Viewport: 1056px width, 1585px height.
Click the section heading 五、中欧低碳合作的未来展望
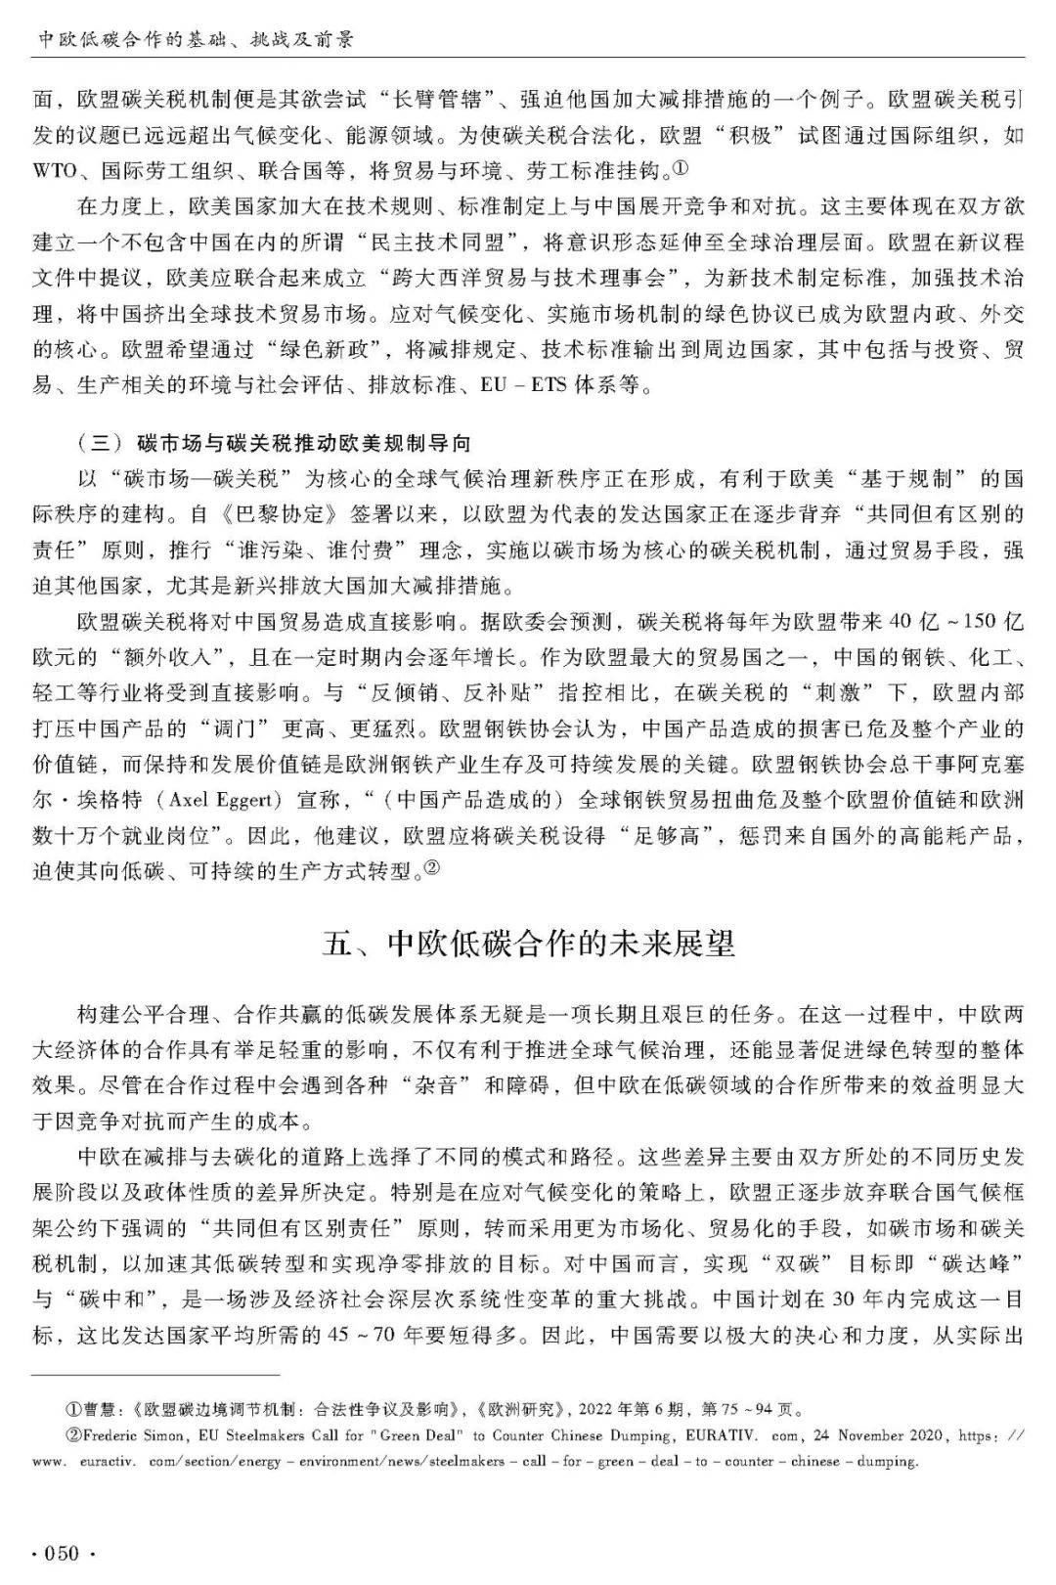(528, 945)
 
